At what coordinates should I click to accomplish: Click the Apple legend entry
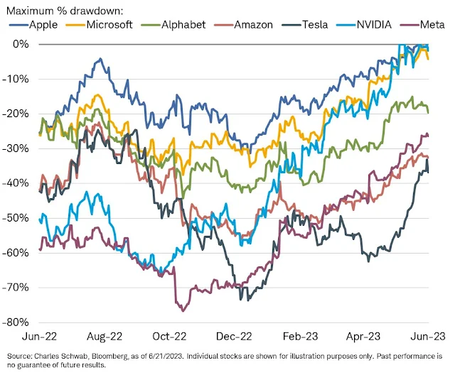pos(41,25)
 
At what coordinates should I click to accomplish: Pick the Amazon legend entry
pos(254,25)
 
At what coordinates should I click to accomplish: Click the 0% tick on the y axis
pos(18,44)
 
